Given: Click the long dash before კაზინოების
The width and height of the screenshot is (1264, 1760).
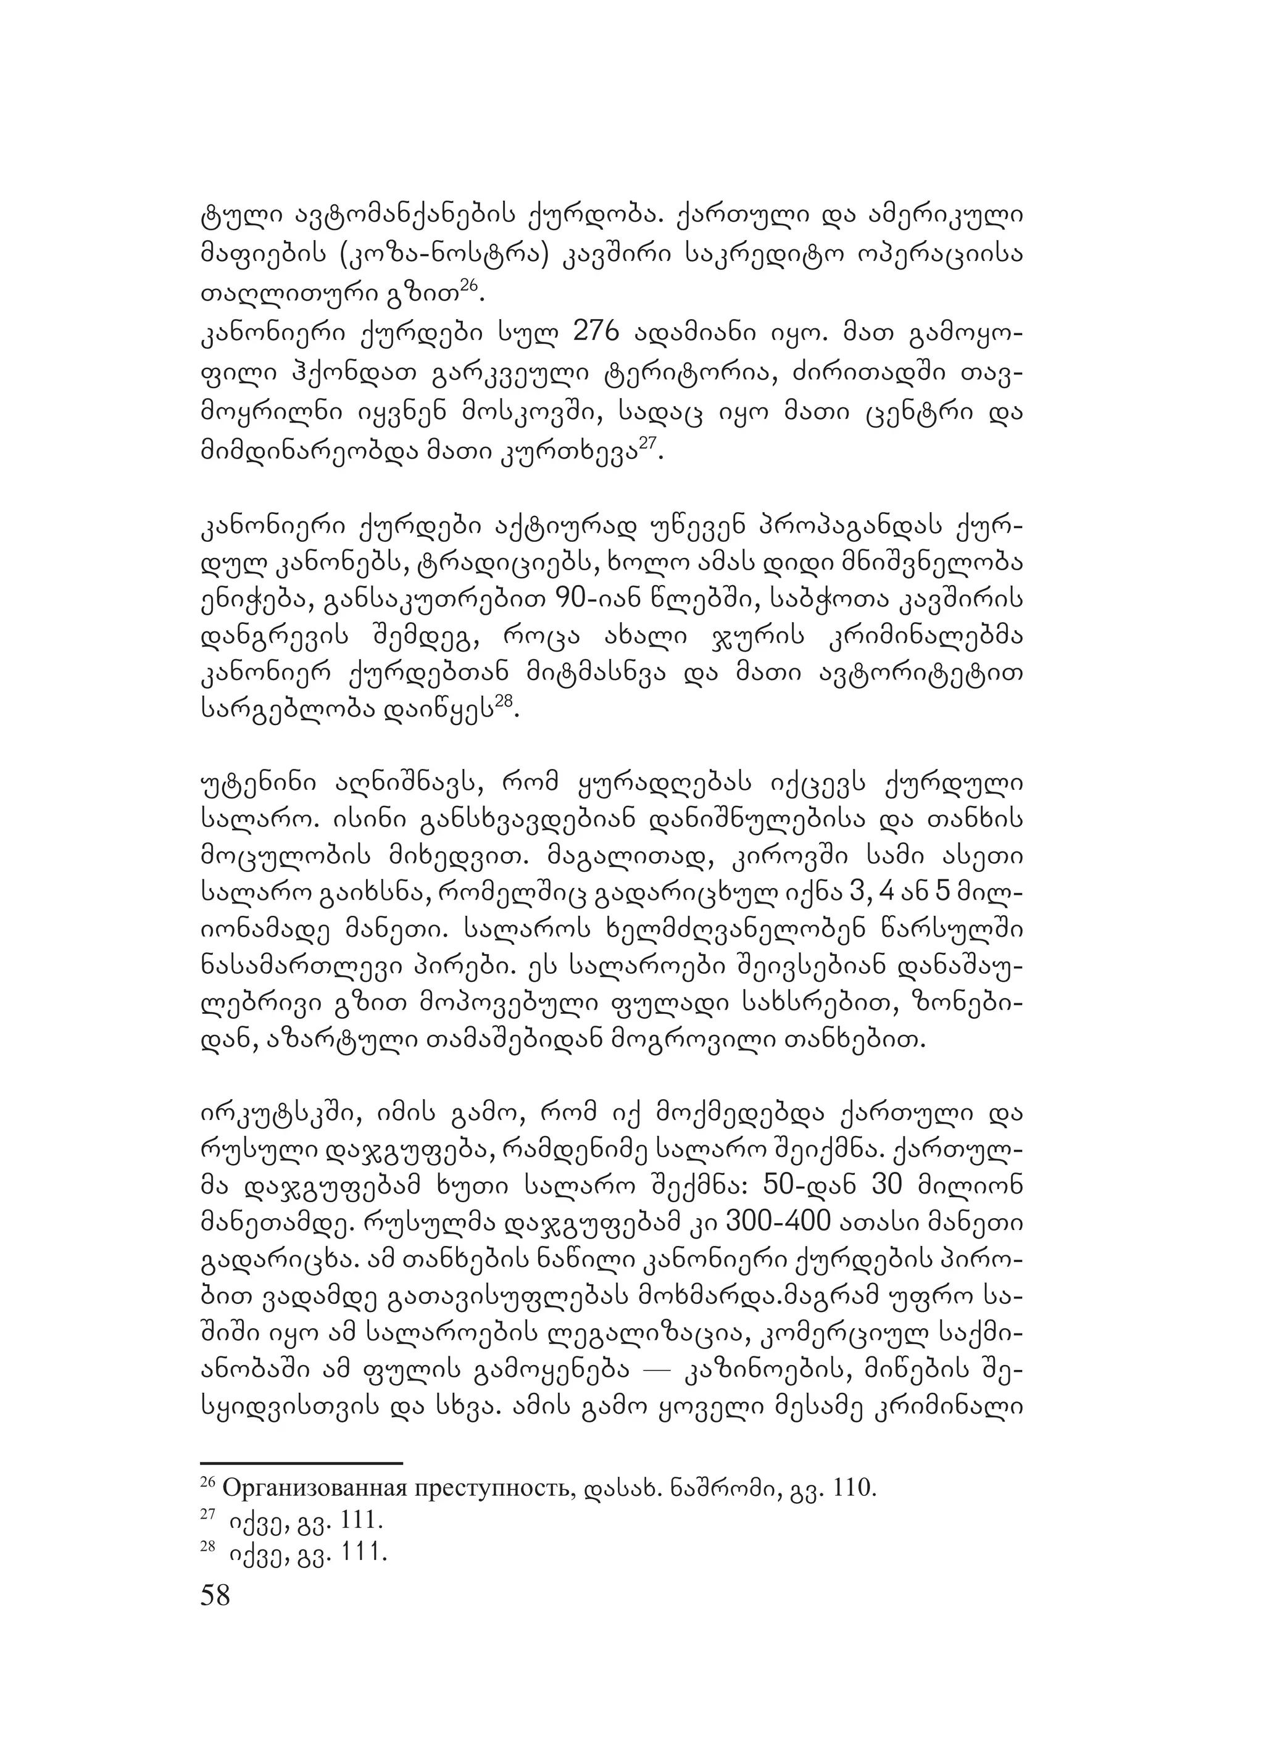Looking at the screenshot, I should (x=655, y=1374).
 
